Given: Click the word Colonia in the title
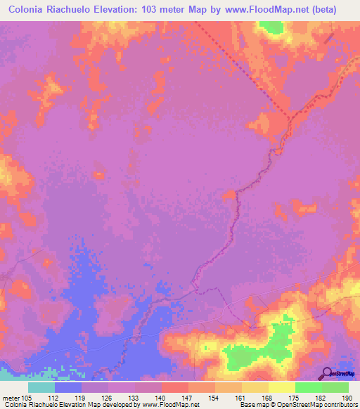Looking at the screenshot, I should tap(30, 10).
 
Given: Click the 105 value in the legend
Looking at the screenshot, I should tap(27, 397).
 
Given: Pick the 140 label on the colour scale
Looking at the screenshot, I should tap(161, 397).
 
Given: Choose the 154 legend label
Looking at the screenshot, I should tap(214, 397).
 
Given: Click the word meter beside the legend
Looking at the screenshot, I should tap(9, 397).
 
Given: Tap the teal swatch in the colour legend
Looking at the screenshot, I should tap(41, 387).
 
